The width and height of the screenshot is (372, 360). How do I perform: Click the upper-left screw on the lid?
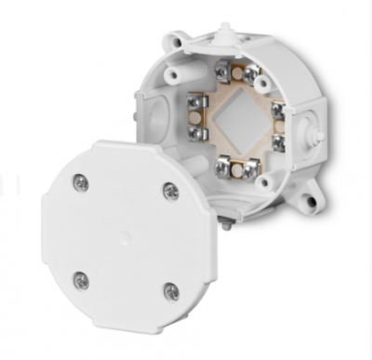pyautogui.click(x=81, y=183)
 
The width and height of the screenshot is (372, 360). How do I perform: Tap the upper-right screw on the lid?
pyautogui.click(x=170, y=191)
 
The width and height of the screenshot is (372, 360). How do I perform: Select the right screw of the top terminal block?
pyautogui.click(x=250, y=73)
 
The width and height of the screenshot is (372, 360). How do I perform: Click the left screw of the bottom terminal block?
pyautogui.click(x=223, y=167)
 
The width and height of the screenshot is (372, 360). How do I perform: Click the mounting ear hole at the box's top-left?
pyautogui.click(x=172, y=43)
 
